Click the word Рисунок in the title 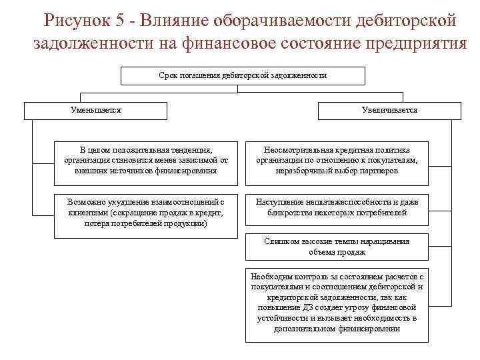(x=74, y=20)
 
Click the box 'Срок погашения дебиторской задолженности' (x=243, y=76)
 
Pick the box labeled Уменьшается (x=96, y=110)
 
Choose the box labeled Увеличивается (x=389, y=110)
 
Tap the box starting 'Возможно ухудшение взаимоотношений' (x=146, y=213)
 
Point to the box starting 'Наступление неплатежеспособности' (x=337, y=207)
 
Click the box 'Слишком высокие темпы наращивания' (x=337, y=247)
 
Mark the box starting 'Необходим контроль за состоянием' (x=337, y=303)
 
